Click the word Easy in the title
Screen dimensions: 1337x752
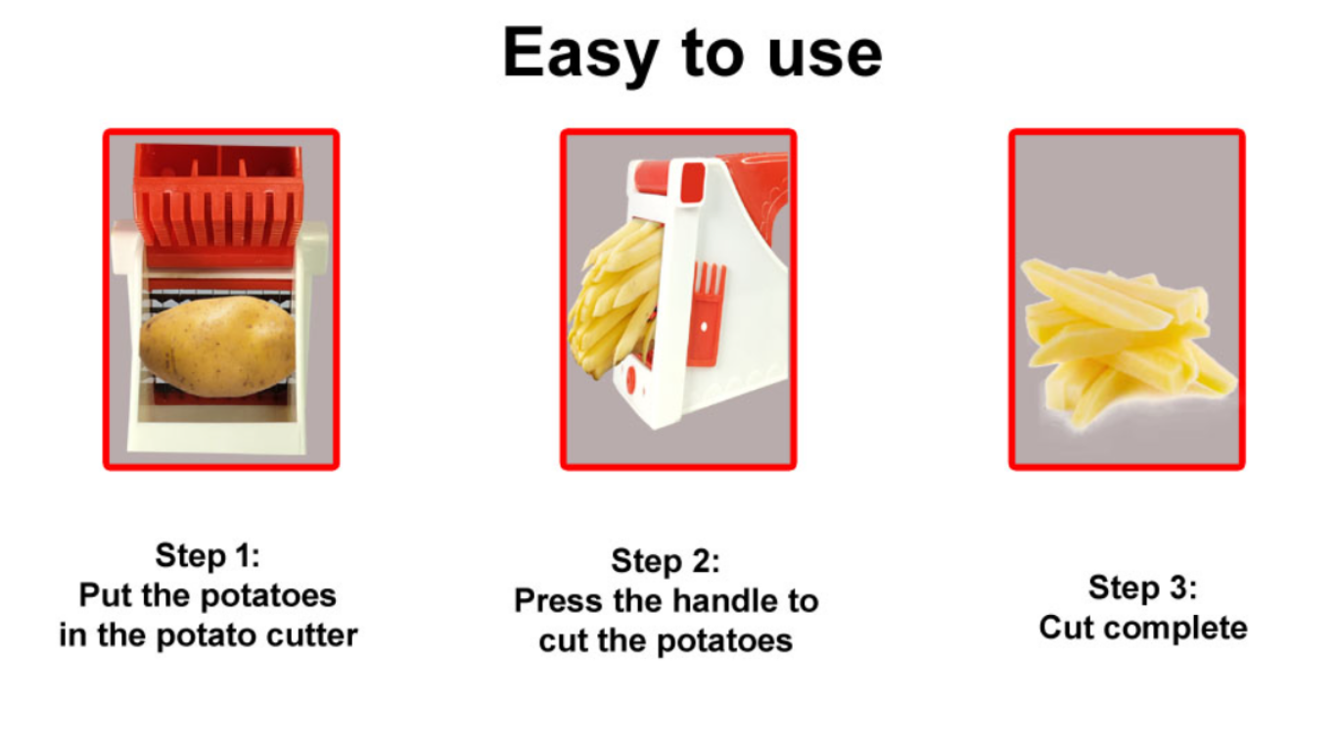coord(580,55)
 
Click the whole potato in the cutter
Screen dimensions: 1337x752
coord(217,347)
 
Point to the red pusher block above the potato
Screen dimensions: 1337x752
coord(219,204)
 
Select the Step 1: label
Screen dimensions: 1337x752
coord(207,556)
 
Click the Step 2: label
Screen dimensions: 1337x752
coord(666,561)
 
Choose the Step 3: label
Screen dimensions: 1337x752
coord(1142,587)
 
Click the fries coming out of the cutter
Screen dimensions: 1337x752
coord(615,298)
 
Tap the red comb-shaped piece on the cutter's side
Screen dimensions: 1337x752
coord(709,311)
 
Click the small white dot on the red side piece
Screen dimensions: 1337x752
coord(705,327)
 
